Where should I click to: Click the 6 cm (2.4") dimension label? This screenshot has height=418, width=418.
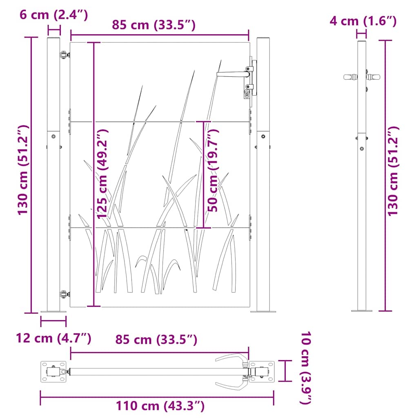(x=53, y=15)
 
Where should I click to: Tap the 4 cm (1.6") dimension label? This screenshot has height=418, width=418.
(x=363, y=21)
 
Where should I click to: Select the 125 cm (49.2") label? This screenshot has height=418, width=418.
(x=102, y=174)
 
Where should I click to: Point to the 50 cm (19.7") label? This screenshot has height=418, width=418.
(x=213, y=170)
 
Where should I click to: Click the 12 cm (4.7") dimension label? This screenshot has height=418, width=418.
(x=53, y=338)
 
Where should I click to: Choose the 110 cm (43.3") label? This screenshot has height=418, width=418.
(x=160, y=406)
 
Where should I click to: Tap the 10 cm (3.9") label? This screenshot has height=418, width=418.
(x=306, y=368)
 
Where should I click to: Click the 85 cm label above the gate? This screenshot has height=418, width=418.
(x=154, y=25)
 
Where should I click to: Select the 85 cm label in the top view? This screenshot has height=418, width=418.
(x=156, y=340)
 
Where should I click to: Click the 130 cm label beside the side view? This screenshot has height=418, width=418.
(x=393, y=171)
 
